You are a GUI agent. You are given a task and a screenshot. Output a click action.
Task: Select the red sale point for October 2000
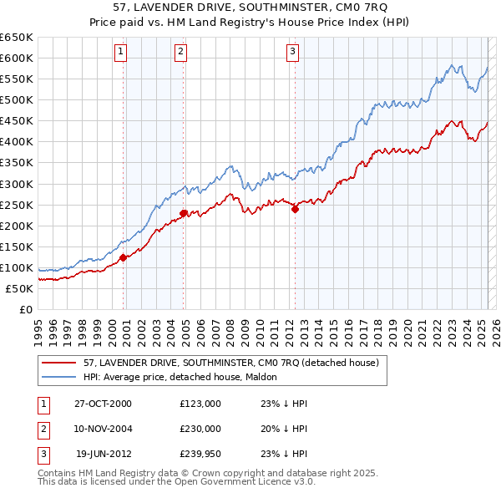[123, 257]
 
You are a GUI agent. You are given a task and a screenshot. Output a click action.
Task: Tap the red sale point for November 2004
[183, 213]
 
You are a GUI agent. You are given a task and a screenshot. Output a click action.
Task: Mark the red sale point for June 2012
[295, 210]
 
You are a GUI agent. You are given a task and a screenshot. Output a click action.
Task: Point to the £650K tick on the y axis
[17, 38]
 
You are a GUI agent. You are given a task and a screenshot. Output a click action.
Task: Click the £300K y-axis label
[17, 184]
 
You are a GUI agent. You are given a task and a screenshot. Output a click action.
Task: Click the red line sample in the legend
[58, 363]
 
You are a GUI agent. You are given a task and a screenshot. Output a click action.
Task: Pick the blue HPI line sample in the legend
[58, 377]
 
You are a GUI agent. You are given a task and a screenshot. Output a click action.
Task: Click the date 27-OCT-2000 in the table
[103, 404]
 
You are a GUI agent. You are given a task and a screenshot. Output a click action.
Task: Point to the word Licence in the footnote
[273, 482]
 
